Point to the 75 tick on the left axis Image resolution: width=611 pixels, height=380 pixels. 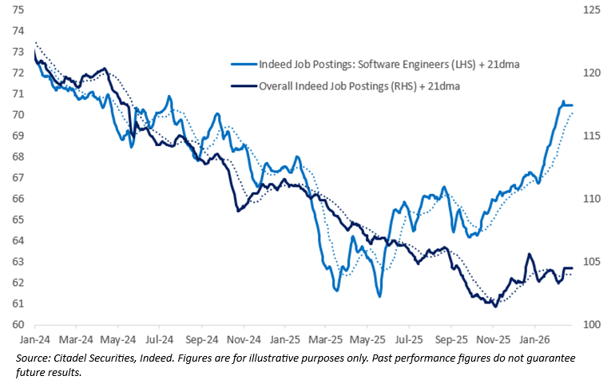18,10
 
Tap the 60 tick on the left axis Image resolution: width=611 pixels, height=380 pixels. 18,325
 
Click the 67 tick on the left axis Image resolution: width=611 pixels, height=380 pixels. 18,178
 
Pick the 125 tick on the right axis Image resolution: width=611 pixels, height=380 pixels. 592,10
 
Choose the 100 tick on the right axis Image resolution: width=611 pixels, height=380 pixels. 592,325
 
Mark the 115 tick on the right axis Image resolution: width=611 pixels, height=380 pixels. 592,136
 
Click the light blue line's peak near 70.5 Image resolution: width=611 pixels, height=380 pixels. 563,102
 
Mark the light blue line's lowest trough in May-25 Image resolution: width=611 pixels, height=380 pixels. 379,296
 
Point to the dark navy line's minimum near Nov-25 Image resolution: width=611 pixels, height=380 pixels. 495,306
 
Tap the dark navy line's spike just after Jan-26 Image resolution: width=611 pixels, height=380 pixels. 529,255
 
